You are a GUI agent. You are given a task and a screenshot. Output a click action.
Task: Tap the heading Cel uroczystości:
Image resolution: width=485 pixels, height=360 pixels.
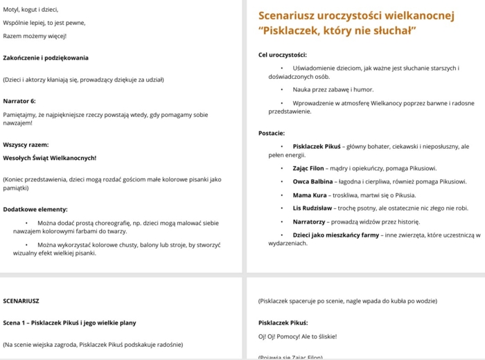282,54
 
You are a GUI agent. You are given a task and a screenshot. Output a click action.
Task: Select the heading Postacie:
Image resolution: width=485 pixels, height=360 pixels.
271,133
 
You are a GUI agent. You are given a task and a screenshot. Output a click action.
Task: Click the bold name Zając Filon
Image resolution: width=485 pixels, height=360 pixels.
308,168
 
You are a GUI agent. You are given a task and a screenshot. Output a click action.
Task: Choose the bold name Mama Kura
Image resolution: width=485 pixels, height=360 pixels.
309,195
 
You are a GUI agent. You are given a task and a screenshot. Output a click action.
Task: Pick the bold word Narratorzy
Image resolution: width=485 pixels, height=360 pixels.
312,222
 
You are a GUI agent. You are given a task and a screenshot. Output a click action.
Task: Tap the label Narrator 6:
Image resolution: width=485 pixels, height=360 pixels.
19,101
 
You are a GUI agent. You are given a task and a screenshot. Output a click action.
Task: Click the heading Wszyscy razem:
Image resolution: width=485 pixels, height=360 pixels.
26,145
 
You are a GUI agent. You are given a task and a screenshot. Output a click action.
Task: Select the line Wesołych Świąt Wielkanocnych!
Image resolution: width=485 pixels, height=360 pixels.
49,158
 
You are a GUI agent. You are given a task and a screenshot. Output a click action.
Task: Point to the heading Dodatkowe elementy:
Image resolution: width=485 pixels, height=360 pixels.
35,209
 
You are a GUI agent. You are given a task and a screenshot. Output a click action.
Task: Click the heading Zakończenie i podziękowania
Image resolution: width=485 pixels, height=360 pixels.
46,57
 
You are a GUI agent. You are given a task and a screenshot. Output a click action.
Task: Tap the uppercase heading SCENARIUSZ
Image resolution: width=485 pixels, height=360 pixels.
21,301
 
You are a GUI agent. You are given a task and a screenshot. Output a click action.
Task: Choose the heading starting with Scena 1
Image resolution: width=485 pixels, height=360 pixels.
69,323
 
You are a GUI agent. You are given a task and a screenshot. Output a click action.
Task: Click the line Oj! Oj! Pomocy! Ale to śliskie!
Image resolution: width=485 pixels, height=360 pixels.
297,336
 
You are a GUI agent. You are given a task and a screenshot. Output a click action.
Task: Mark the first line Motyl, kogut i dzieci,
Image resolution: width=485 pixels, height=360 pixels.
30,10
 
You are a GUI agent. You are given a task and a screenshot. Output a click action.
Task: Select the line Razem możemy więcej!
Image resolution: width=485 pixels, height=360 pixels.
35,36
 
